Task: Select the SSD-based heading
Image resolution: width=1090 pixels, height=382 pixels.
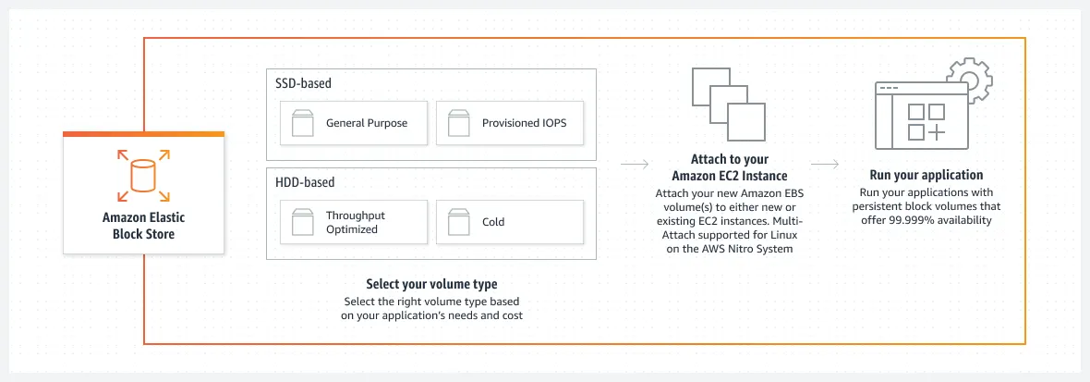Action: (304, 83)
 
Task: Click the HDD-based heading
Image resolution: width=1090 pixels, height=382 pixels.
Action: (305, 182)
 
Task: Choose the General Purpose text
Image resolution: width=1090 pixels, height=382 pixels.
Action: (366, 123)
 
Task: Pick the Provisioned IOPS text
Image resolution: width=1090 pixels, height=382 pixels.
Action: (525, 123)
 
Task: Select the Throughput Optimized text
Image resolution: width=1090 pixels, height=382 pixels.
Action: (356, 222)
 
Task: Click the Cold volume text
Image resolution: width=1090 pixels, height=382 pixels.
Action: (493, 222)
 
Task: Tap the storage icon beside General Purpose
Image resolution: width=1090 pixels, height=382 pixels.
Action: (302, 123)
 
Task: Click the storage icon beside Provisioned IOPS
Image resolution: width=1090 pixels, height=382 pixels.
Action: (459, 123)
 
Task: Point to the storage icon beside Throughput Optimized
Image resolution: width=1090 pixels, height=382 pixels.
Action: (302, 222)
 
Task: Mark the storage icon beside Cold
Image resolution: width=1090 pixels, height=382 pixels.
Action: (459, 222)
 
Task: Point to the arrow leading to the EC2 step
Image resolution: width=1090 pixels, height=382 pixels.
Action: (633, 166)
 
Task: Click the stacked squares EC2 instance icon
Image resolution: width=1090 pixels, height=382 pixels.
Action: (722, 103)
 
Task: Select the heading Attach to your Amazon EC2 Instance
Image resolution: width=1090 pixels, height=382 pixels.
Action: (730, 167)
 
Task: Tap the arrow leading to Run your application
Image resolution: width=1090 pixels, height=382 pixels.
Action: (825, 166)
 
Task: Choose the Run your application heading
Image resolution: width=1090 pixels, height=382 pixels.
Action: (926, 175)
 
